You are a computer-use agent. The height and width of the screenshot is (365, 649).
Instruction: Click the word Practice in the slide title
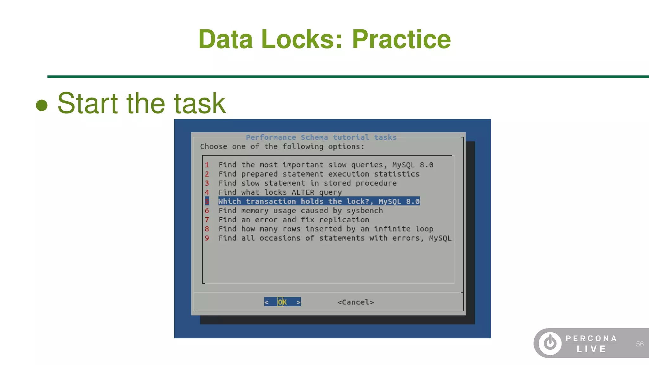coord(401,39)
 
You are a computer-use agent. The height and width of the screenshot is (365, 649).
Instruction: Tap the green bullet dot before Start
coord(42,105)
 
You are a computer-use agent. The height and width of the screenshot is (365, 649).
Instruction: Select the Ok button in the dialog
coord(282,302)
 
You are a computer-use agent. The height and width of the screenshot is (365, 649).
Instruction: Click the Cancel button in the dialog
coord(356,302)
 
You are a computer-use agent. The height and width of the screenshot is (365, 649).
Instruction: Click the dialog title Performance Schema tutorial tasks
coord(321,137)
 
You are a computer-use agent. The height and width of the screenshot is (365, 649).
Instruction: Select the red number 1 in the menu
coord(207,165)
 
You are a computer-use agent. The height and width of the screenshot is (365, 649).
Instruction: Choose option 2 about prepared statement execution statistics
coord(318,174)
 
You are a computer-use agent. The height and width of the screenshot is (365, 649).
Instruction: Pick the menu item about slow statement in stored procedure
coord(307,183)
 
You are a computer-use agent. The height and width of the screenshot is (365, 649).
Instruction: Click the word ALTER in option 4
coord(303,192)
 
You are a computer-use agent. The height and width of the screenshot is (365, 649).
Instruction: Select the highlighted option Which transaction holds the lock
coord(318,202)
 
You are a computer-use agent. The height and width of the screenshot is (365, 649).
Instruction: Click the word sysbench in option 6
coord(364,211)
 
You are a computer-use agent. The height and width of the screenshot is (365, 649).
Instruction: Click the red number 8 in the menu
coord(207,229)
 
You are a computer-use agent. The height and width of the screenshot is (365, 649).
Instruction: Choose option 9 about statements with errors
coord(334,238)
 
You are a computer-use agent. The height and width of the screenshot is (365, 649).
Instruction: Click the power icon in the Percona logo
coord(550,343)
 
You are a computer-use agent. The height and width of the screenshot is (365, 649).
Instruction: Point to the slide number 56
coord(639,344)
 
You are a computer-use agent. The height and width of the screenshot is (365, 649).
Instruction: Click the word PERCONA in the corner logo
coord(591,338)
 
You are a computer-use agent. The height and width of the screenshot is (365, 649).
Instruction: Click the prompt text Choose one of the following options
coord(282,147)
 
